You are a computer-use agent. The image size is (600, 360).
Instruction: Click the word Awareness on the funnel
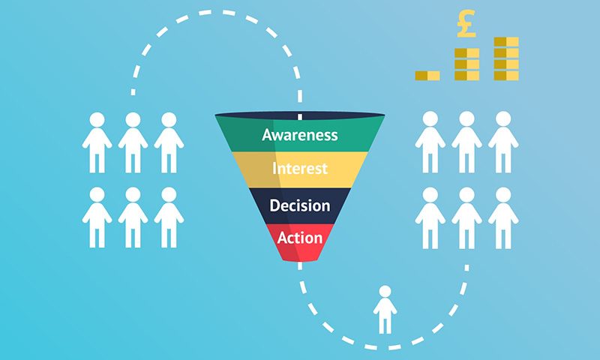299,135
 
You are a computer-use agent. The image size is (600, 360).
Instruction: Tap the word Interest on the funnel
299,168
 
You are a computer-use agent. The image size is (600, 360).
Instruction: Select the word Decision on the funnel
299,205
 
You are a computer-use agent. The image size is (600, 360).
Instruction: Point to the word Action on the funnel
299,238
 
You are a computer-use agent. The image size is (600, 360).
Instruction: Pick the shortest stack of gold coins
427,75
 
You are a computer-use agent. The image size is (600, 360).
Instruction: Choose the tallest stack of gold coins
506,58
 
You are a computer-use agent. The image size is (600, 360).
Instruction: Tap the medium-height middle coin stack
466,64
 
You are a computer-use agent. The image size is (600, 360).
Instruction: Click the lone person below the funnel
385,309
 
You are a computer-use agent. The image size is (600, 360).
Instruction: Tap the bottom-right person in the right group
502,217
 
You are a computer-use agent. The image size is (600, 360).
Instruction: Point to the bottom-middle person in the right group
466,217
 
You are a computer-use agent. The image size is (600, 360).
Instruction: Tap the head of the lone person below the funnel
385,291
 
